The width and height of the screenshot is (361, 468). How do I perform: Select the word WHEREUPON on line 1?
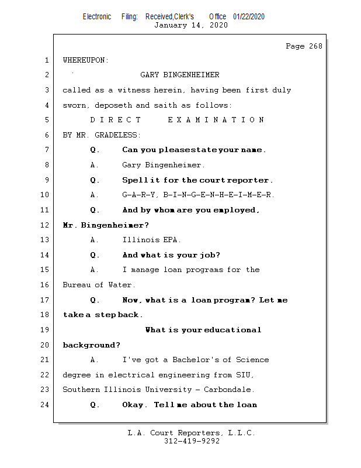pyautogui.click(x=85, y=60)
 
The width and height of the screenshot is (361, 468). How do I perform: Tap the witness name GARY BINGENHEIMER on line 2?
pyautogui.click(x=180, y=75)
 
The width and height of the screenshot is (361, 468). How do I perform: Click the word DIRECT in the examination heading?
pyautogui.click(x=116, y=120)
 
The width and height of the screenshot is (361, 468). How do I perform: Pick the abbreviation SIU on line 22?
pyautogui.click(x=245, y=375)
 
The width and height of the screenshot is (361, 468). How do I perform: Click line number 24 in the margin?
pyautogui.click(x=46, y=405)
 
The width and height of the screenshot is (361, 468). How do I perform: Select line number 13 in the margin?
pyautogui.click(x=46, y=240)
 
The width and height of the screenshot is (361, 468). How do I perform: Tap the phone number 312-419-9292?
pyautogui.click(x=192, y=441)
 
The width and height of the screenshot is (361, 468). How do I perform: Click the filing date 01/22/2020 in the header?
pyautogui.click(x=248, y=16)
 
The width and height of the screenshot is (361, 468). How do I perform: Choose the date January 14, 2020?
pyautogui.click(x=191, y=25)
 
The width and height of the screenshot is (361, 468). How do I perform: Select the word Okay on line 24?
pyautogui.click(x=134, y=405)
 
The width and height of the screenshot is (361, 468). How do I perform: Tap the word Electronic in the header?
pyautogui.click(x=97, y=16)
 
